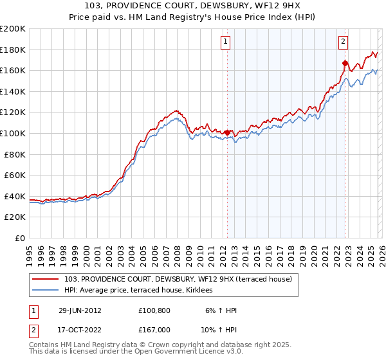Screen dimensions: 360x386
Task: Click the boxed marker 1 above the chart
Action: point(226,42)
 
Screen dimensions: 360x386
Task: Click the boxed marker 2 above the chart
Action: point(343,42)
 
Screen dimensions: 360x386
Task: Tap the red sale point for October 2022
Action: point(345,63)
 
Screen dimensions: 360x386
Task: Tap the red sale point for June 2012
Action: point(227,132)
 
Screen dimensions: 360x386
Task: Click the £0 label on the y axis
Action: point(19,238)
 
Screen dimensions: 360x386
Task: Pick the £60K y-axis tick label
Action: point(15,175)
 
